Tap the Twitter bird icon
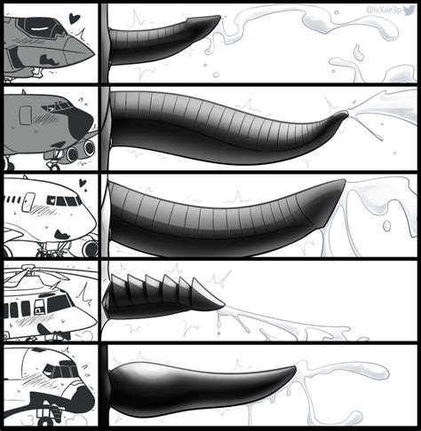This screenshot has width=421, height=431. [x=411, y=8]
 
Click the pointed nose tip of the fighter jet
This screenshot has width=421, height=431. [x=91, y=54]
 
